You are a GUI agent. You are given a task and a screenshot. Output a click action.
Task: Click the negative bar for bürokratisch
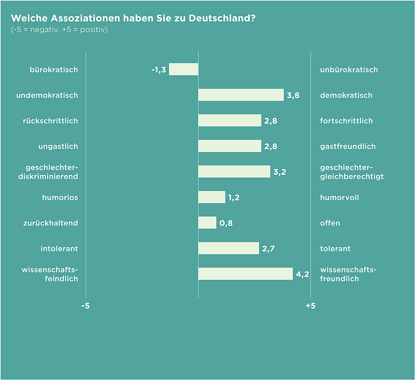[183, 69]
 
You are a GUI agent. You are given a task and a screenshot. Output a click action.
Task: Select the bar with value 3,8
[241, 95]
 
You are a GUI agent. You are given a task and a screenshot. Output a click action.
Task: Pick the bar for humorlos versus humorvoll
[212, 197]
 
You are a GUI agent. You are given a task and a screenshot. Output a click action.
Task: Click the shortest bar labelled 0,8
[207, 222]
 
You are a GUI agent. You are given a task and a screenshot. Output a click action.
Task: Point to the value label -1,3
[159, 70]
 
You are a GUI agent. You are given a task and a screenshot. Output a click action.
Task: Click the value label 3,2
[279, 172]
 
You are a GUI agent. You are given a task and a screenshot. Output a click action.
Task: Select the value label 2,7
[268, 248]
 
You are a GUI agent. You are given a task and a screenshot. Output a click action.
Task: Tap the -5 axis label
[85, 306]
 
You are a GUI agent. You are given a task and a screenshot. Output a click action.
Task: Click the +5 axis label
[310, 306]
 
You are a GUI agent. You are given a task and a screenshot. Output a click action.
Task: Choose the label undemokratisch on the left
[47, 95]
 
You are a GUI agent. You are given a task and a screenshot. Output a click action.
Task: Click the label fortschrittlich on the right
[346, 121]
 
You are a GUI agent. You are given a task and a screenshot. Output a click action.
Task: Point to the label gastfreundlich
[348, 146]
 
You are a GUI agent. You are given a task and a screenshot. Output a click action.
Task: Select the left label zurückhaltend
[50, 223]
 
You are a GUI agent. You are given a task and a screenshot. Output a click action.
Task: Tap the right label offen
[330, 223]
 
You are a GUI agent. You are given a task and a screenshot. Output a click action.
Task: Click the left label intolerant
[59, 248]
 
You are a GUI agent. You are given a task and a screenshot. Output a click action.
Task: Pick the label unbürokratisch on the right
[349, 70]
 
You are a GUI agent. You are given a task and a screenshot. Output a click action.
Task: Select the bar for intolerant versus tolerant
[228, 248]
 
